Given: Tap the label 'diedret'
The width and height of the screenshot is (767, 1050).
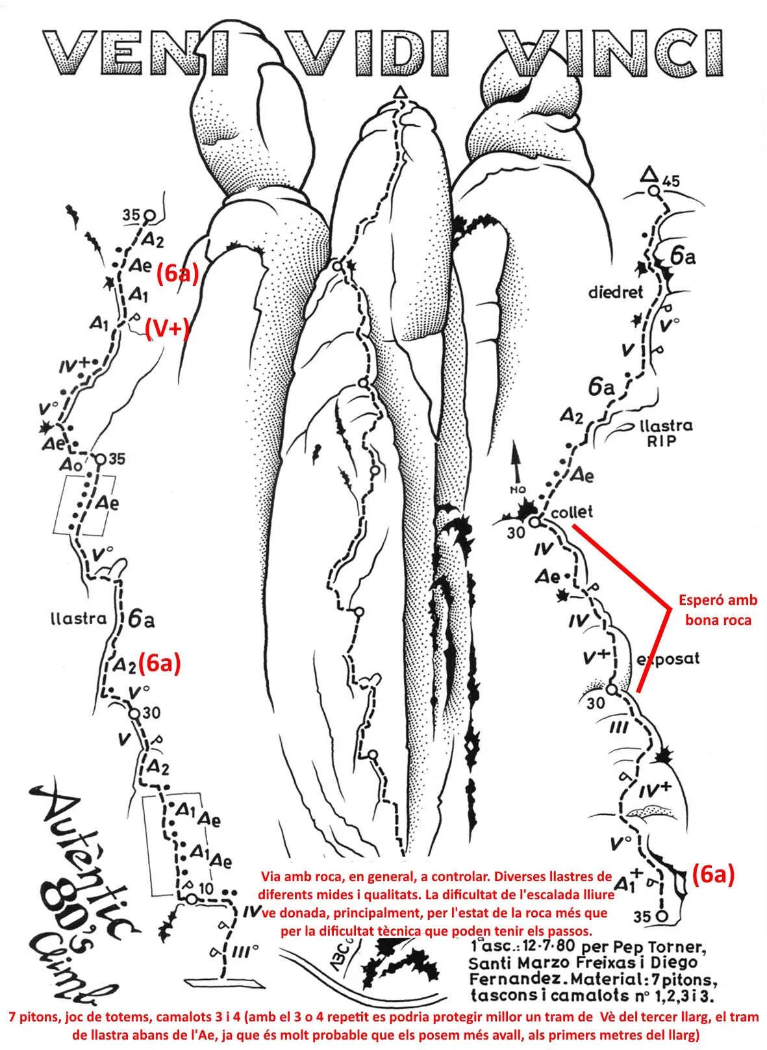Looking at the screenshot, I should point(615,292).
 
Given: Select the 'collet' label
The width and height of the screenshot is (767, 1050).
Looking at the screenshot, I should point(572,512).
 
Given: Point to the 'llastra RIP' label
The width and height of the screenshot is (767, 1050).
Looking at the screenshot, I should point(666,433).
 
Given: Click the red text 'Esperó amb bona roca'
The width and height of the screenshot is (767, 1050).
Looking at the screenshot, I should point(718,610).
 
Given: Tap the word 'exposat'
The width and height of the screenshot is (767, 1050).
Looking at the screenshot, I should point(669,659).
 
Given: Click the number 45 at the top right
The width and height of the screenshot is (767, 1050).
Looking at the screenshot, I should point(672,181).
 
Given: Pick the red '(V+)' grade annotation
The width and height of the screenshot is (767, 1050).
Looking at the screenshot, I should point(166,329).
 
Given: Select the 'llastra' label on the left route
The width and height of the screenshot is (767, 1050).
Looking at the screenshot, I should point(78,619).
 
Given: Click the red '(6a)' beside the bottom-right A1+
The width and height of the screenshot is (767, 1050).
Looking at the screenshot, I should point(712,875).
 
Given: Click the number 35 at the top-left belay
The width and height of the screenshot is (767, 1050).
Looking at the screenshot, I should point(131,215).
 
